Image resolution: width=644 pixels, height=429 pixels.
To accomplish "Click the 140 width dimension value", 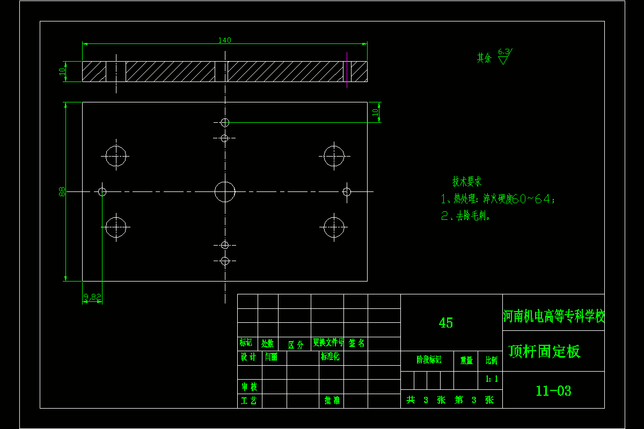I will point(225,40).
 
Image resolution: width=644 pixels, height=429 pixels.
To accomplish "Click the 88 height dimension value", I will point(62,191).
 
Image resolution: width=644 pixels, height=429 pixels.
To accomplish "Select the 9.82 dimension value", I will point(92,297).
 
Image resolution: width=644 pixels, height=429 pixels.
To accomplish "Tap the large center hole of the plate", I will point(225,191).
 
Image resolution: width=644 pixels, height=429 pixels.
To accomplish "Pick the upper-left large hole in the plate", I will point(116,157).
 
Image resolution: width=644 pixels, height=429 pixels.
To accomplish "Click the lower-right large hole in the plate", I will point(334,227).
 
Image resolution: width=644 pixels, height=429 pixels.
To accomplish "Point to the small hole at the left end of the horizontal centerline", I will point(102,191).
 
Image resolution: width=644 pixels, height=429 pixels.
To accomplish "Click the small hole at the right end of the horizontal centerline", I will point(347,191).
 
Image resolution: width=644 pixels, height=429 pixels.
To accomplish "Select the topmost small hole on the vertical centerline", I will point(225,122).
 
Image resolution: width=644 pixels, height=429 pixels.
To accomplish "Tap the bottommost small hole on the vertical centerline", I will point(225,261).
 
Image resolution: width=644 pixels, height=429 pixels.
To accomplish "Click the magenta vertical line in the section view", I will point(347,70).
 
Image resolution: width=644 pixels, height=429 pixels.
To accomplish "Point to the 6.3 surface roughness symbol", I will point(503,56).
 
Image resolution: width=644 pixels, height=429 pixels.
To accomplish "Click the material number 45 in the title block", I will point(446,323).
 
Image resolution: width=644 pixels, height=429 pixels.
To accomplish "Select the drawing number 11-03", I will point(553,391).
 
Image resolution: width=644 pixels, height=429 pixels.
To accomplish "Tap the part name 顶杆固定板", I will point(545,352).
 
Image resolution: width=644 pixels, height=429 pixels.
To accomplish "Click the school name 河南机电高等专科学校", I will point(553,316).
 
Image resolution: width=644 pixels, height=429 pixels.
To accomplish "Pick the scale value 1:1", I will point(492,379).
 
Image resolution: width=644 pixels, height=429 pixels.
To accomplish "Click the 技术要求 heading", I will point(467,181).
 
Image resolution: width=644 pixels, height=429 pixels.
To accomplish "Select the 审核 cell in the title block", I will point(249,387).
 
